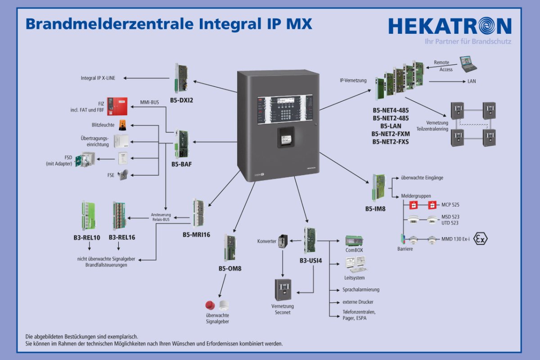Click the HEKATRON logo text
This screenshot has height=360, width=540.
450,26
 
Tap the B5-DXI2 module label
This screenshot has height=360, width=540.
182,100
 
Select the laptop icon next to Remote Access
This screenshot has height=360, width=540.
468,63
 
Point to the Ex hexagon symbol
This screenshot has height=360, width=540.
481,238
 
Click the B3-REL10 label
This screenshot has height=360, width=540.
89,237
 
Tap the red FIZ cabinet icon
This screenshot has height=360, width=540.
117,106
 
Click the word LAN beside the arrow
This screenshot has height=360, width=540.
472,81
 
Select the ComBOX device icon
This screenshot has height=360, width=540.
354,240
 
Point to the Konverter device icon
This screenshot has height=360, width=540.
282,241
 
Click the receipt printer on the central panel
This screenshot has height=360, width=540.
284,136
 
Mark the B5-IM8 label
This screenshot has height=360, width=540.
375,209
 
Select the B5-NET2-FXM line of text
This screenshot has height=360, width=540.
390,134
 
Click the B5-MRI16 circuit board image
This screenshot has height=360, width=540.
198,213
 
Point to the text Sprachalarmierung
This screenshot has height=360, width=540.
361,289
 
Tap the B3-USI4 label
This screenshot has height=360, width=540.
311,261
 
